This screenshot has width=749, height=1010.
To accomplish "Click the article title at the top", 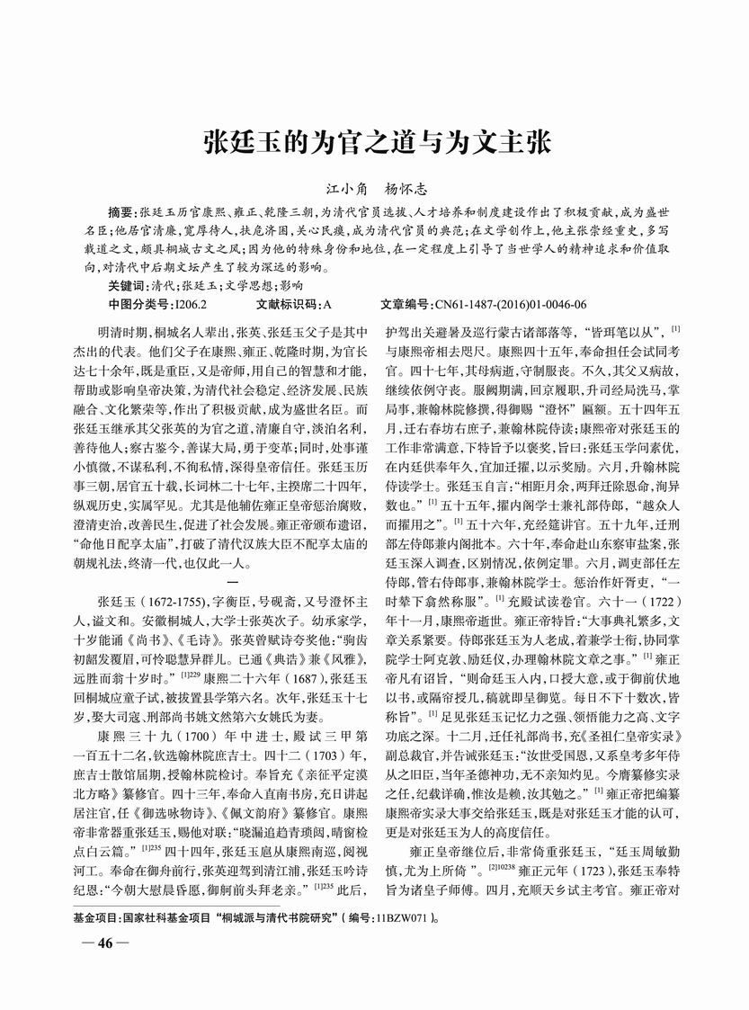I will click(374, 142).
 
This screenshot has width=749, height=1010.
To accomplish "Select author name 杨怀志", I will click(410, 190).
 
